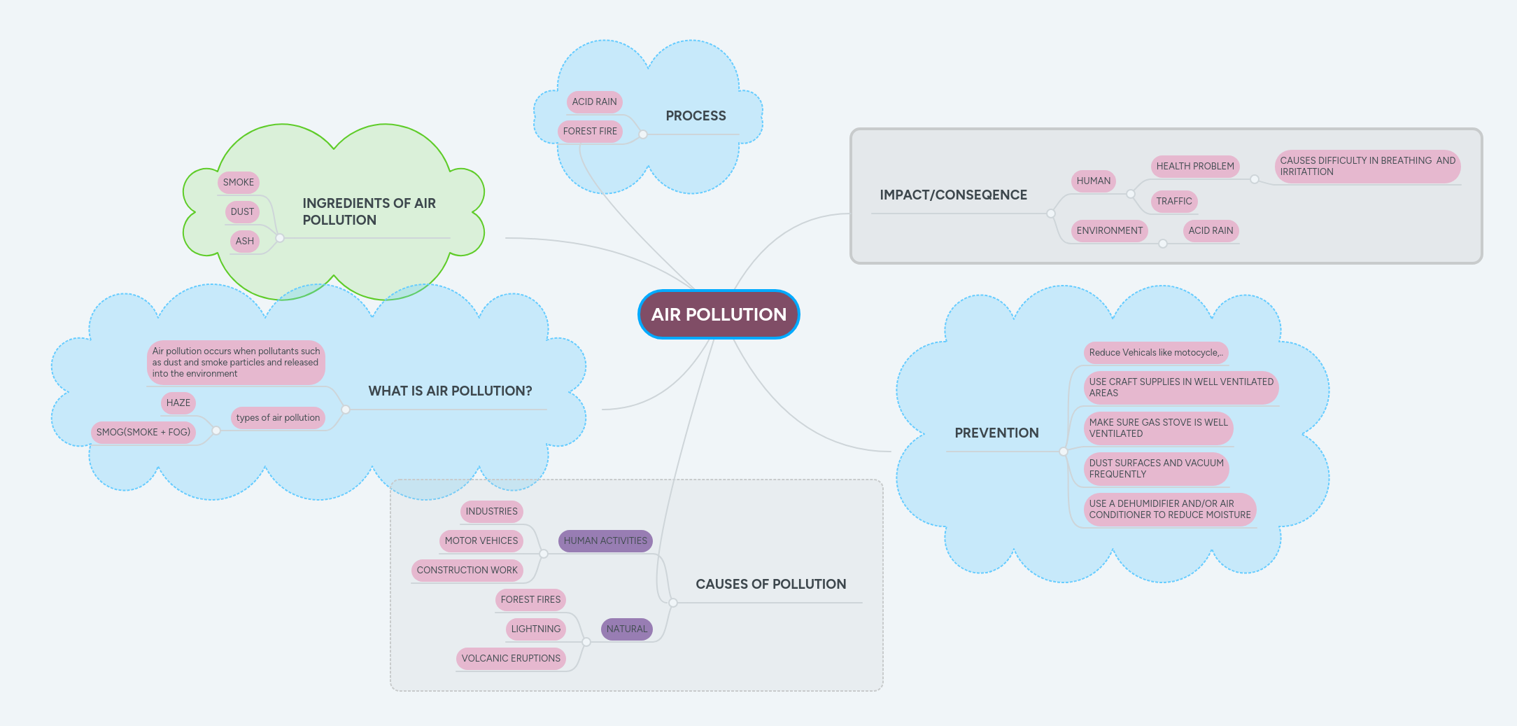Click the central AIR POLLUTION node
pos(719,314)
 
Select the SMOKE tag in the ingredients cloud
pos(239,182)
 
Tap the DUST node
pos(242,211)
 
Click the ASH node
pos(244,241)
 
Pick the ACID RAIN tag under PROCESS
pos(594,102)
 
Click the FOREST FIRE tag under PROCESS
pos(590,131)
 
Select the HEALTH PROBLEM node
pos(1194,166)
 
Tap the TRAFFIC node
pos(1173,201)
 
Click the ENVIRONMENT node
pos(1109,230)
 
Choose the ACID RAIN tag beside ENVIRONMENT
pos(1211,230)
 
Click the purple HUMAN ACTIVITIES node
pos(605,540)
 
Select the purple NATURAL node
pos(626,629)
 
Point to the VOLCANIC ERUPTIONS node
pos(511,658)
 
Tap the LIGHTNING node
pos(535,629)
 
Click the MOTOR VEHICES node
pos(481,540)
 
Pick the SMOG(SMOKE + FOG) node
pos(143,432)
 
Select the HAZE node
pos(178,403)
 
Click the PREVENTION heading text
pos(996,433)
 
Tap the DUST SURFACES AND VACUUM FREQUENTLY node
pos(1156,468)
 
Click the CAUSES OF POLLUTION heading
pos(770,584)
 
